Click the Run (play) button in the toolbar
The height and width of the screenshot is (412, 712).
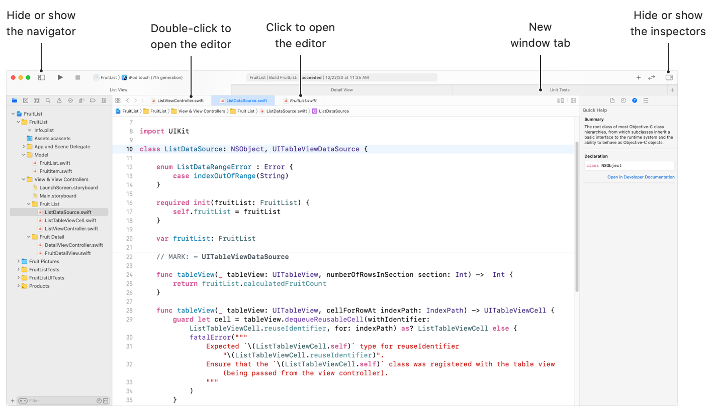[60, 77]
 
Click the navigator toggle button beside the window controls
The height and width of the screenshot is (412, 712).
[42, 77]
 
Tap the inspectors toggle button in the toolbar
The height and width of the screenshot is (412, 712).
[669, 77]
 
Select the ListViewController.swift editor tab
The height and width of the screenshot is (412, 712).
[180, 100]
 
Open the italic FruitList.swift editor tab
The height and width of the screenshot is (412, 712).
[303, 100]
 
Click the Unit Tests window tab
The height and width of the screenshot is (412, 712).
[559, 90]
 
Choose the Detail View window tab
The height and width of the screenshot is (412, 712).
[342, 90]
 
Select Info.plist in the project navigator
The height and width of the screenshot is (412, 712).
[44, 130]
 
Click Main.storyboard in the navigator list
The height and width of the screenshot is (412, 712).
[58, 196]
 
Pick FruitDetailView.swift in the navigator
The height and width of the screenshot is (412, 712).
[67, 253]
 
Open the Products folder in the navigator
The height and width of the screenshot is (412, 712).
[39, 286]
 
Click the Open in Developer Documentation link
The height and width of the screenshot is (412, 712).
[641, 177]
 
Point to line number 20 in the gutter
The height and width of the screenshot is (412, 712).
[129, 239]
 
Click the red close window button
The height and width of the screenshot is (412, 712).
[14, 77]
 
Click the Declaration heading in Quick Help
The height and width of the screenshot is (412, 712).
[596, 156]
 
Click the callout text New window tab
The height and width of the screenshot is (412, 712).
[540, 35]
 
